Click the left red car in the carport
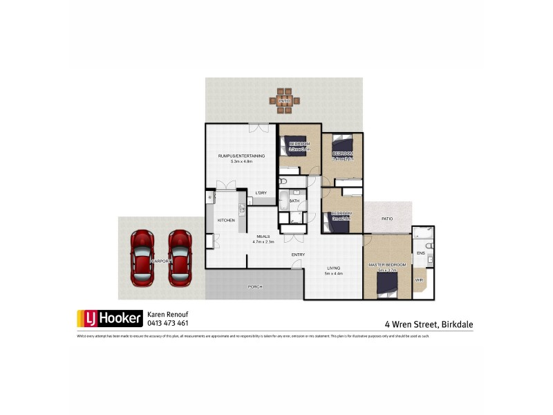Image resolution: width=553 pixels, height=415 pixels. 142,257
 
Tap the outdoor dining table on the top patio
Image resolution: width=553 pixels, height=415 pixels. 284,101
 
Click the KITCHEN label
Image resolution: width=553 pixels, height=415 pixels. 227,220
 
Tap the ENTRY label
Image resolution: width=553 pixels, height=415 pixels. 298,255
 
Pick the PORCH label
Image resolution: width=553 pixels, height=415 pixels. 255,286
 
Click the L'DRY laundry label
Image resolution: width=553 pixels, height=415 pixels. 261,192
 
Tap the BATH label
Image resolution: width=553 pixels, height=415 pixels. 294,201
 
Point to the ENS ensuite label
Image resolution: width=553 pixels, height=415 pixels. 420,253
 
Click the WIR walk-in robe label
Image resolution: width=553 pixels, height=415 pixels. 419,280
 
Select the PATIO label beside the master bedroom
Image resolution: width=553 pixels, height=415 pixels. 387,219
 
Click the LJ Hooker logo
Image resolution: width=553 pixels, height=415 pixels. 109,318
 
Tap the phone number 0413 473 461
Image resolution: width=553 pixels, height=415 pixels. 168,323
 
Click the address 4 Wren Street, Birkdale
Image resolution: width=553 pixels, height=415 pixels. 429,323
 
